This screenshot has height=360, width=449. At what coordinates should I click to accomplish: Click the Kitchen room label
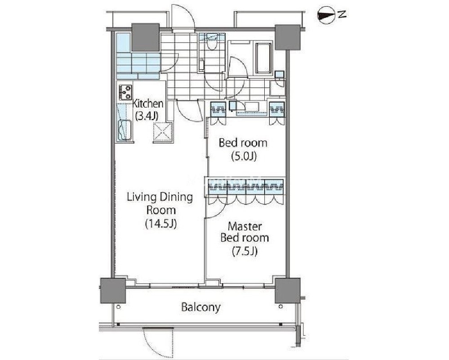148,103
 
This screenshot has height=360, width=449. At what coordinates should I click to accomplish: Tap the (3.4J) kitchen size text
147,116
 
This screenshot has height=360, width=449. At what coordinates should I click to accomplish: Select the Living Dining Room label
160,204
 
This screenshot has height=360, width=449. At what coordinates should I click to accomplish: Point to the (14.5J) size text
160,224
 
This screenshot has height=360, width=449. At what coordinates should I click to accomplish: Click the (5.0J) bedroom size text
244,156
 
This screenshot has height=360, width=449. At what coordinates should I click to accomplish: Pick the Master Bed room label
245,232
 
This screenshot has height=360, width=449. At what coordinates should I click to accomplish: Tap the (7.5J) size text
245,251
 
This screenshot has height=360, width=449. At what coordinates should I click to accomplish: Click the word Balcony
201,307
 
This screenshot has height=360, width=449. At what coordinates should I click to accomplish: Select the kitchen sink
125,131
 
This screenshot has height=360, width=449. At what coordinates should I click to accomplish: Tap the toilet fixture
212,43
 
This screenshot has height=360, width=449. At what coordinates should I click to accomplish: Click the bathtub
263,58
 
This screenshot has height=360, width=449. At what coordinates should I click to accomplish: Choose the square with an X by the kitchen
163,132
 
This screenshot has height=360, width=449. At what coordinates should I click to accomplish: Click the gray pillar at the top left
145,37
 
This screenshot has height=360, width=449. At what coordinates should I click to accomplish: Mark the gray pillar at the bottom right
288,290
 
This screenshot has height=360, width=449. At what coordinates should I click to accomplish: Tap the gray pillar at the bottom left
113,290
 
